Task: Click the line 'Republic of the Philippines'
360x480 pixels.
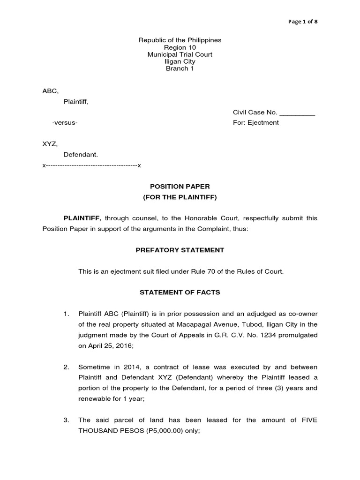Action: pos(180,40)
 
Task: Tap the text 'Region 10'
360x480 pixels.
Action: pos(180,47)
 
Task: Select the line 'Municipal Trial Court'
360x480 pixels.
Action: pos(180,54)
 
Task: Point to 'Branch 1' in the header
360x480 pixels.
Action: pos(180,68)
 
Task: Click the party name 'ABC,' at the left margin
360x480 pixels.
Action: pos(51,91)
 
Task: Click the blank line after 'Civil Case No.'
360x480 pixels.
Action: pos(297,113)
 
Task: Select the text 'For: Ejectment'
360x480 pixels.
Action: pos(255,122)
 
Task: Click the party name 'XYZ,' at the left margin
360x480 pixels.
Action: pos(50,144)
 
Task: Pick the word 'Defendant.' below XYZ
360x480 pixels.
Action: pos(81,154)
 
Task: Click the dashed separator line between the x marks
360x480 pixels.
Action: pos(91,165)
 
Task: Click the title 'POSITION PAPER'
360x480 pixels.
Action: pos(180,187)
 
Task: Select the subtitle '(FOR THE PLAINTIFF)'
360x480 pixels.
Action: pos(180,197)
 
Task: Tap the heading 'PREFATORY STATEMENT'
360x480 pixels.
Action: pos(180,250)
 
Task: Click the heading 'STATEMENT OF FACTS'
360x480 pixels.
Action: pos(180,292)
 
